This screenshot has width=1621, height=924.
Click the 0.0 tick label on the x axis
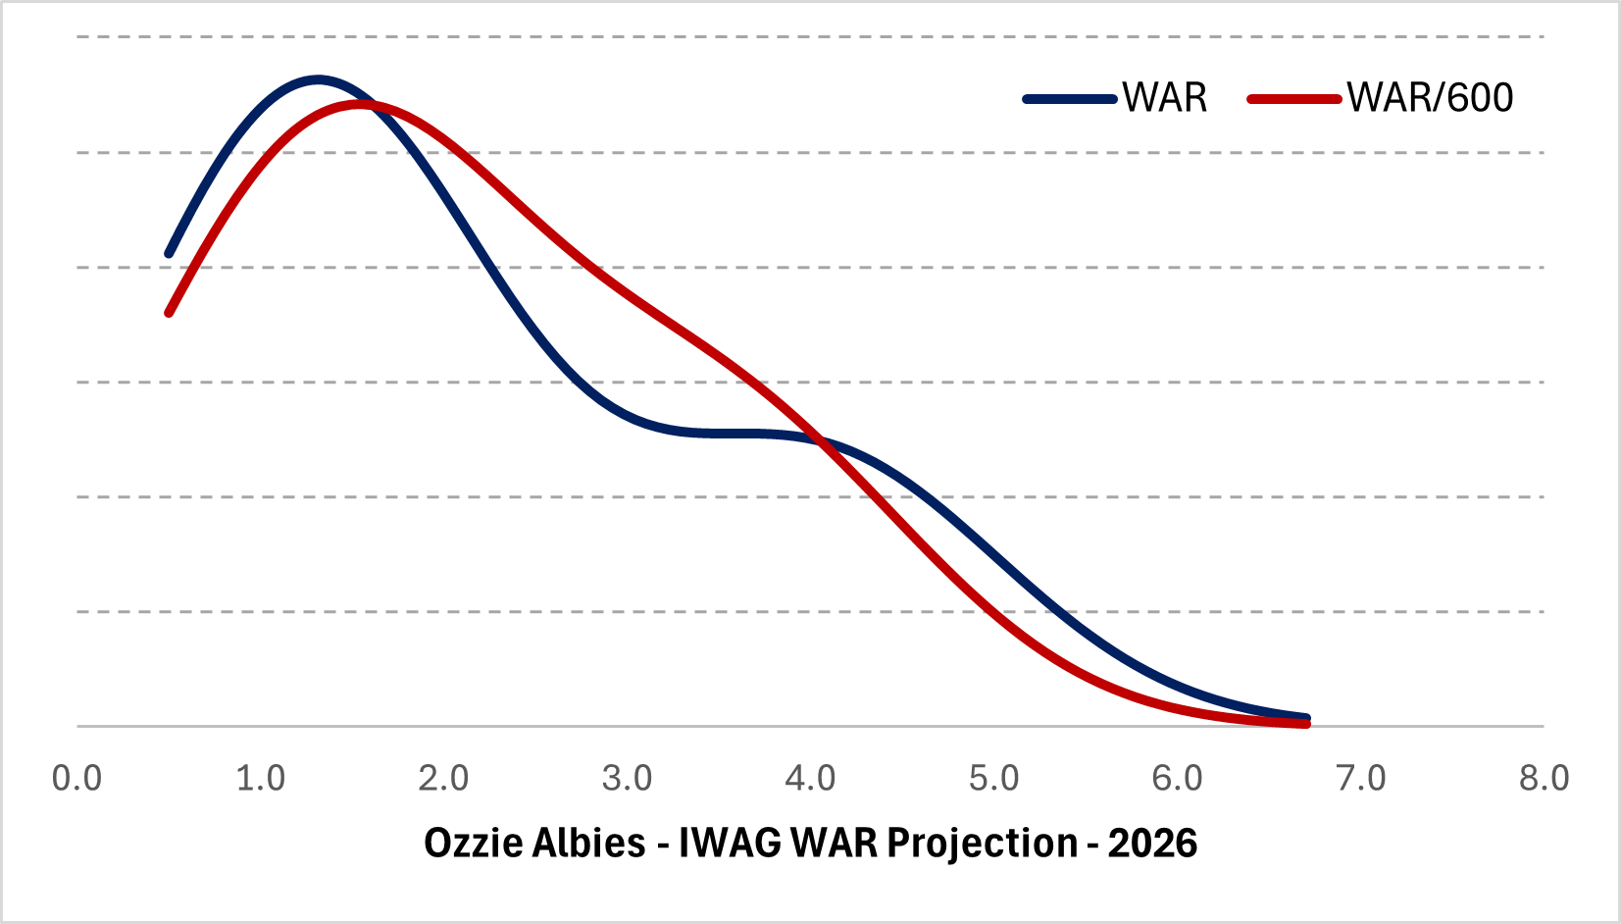click(76, 779)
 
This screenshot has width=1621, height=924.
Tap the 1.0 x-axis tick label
click(260, 779)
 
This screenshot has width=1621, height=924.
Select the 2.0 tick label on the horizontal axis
click(443, 779)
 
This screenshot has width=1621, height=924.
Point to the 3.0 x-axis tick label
click(627, 779)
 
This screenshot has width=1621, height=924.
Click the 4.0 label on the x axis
click(810, 779)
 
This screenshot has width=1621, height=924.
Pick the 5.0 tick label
click(993, 779)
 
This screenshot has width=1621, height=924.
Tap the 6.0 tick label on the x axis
click(1177, 779)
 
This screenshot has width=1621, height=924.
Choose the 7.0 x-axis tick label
click(1361, 779)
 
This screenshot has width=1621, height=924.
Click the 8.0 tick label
click(1544, 779)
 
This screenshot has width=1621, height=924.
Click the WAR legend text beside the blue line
click(1165, 98)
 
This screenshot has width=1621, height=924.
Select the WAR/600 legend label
click(1430, 98)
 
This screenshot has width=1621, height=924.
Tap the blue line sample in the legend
click(1070, 99)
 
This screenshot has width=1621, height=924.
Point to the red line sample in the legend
click(1293, 99)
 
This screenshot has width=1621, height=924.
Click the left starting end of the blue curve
click(169, 254)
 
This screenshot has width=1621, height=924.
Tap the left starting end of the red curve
click(169, 313)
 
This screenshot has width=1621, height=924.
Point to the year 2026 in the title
click(1153, 844)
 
